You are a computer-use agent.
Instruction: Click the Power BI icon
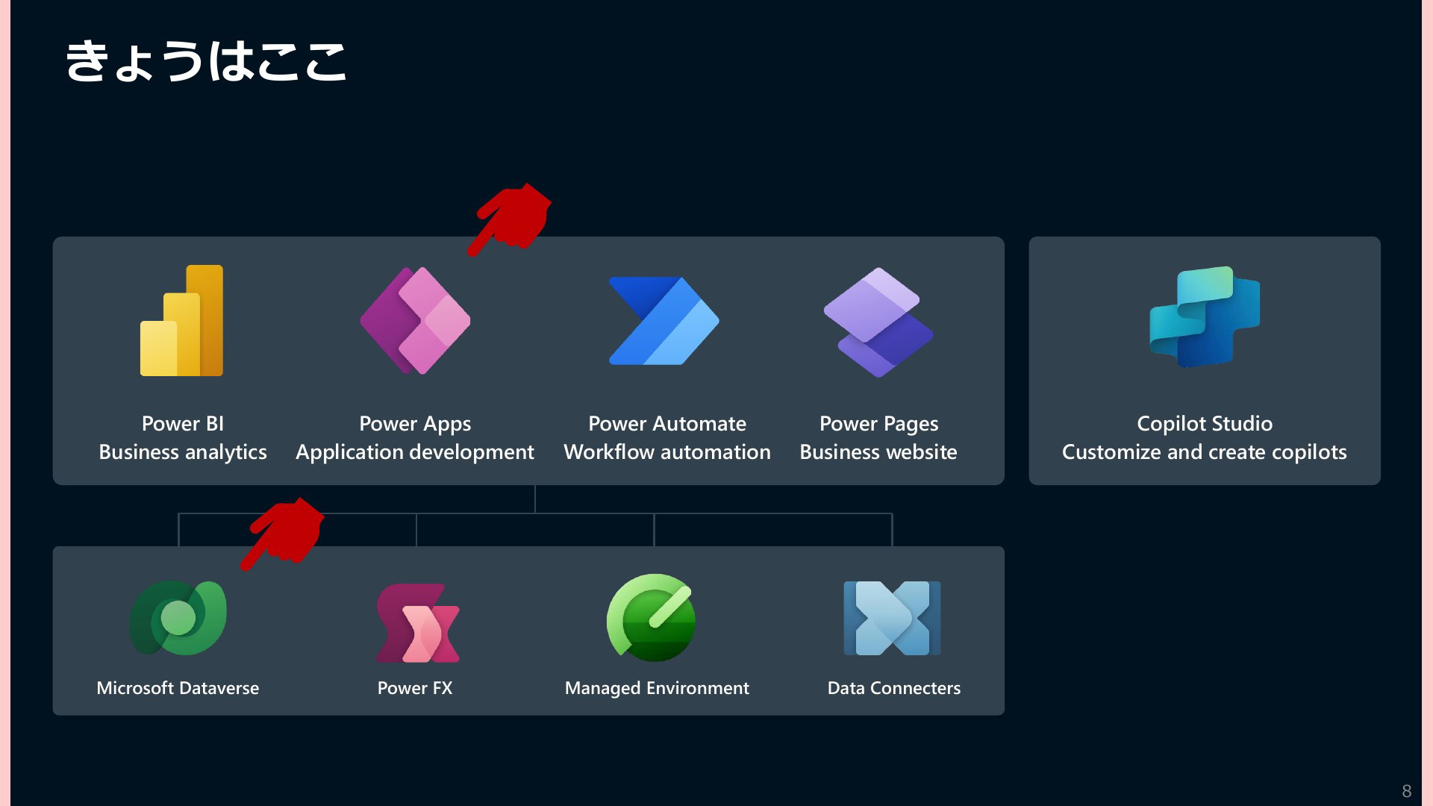tap(181, 320)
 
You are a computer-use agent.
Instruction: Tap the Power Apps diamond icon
tap(415, 321)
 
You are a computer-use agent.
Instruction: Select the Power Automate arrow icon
tap(664, 321)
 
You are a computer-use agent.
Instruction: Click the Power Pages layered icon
tap(878, 322)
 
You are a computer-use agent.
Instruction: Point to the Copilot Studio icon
tap(1205, 316)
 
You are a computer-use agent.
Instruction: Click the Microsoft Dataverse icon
tap(178, 618)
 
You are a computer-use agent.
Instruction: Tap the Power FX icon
tap(417, 623)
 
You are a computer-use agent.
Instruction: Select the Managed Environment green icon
tap(652, 618)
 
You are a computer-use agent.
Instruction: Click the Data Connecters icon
tap(892, 618)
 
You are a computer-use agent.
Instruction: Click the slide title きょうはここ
tap(206, 60)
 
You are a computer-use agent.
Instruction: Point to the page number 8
tap(1407, 791)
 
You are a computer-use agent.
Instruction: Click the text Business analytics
tap(183, 452)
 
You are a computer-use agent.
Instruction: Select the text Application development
tap(415, 452)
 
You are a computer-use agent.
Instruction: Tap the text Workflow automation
tap(667, 452)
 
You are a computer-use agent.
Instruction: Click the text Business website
tap(878, 452)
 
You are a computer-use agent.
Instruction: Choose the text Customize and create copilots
tap(1205, 452)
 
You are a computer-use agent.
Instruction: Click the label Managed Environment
tap(657, 688)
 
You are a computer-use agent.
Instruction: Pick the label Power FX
tap(415, 688)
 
